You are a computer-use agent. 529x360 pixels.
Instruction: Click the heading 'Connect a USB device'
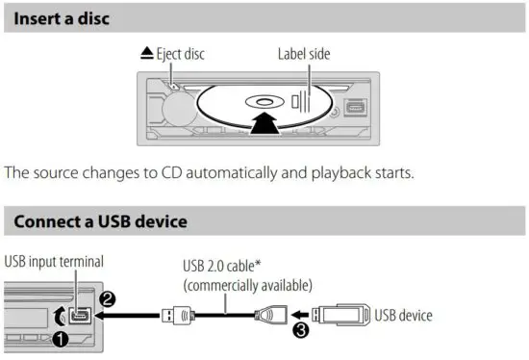pos(100,222)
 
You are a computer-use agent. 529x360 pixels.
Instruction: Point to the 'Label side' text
pos(304,55)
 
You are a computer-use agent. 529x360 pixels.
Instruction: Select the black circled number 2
pos(109,299)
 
